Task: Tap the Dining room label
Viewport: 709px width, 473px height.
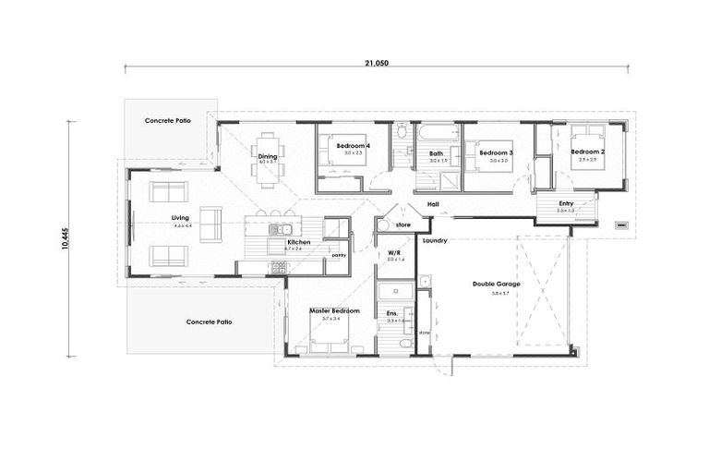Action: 268,157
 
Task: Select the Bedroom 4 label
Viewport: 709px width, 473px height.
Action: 354,146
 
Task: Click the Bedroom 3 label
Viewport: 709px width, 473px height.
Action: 496,152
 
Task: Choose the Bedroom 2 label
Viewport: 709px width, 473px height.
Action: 587,152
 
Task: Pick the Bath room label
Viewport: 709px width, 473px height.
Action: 437,153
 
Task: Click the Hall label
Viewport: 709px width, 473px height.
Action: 432,203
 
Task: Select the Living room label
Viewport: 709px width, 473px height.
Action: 180,218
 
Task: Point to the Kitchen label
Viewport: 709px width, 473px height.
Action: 298,242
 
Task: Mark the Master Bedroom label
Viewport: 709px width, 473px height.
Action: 334,310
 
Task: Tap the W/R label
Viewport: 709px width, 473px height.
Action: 393,252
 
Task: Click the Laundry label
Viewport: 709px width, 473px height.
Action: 435,240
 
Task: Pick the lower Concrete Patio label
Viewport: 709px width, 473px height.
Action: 210,321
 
